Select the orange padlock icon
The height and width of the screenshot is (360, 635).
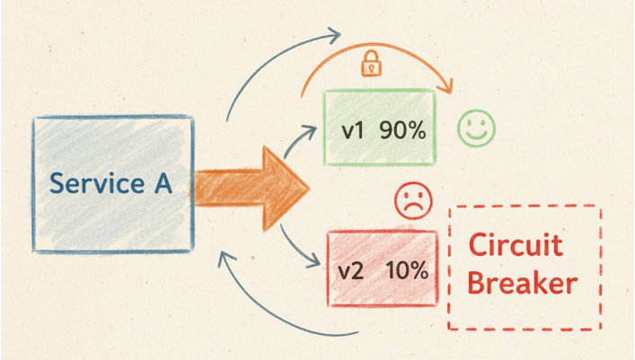click(x=370, y=65)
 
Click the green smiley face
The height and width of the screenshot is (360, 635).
click(x=475, y=128)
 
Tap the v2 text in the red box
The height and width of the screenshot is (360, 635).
click(x=353, y=269)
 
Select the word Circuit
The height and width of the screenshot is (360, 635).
click(x=516, y=245)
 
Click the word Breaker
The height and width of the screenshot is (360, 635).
click(x=523, y=284)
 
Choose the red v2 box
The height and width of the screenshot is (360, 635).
click(x=381, y=268)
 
